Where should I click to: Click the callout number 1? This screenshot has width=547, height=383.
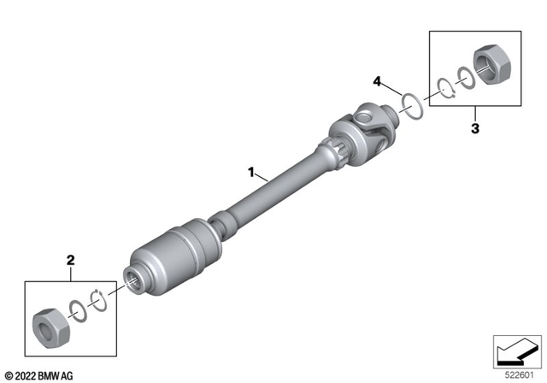click(x=251, y=172)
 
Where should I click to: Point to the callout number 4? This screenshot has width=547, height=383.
click(x=376, y=81)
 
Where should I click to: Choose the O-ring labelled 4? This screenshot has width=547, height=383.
click(x=412, y=108)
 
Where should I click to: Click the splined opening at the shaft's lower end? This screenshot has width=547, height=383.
click(x=135, y=276)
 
